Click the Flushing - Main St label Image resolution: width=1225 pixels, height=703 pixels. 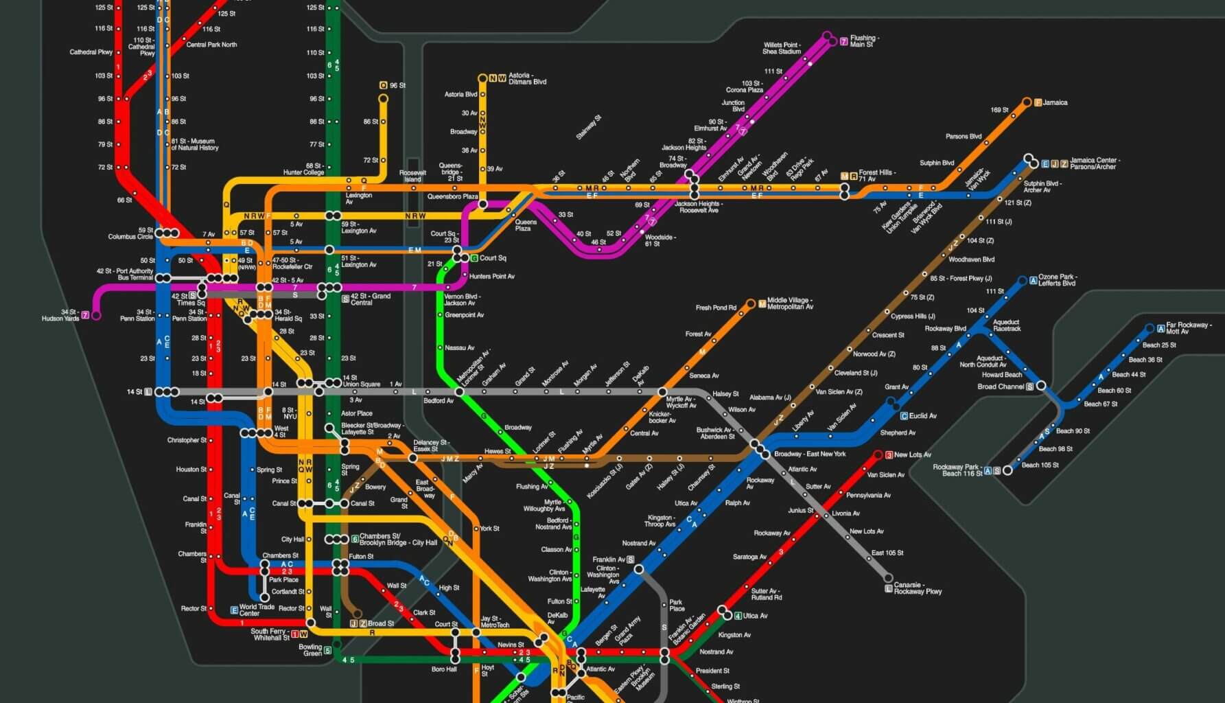(864, 41)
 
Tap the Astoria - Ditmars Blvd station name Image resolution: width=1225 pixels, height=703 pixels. (527, 78)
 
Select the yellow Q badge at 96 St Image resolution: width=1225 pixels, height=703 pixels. (383, 85)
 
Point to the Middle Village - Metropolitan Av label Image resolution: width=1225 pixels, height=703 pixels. (790, 303)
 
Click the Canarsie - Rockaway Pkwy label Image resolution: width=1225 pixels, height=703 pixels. (918, 588)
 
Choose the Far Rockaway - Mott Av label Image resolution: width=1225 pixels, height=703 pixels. (1187, 328)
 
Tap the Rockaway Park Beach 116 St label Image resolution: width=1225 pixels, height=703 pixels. (955, 470)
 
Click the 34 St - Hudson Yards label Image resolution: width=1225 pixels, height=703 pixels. (60, 315)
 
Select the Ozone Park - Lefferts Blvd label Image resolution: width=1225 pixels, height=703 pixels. (1058, 280)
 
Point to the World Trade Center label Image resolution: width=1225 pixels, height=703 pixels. (257, 610)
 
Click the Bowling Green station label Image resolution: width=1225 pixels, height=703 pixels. (310, 649)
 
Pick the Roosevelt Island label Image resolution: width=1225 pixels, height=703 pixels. (412, 176)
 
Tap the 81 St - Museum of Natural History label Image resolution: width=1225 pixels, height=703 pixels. (195, 144)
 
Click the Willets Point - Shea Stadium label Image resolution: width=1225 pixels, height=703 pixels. (782, 48)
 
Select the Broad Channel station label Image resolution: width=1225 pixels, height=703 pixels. (1001, 387)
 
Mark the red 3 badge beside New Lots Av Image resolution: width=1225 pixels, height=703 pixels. (889, 454)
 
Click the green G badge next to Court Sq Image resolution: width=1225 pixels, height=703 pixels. (474, 258)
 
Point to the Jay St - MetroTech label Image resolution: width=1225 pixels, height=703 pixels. (495, 621)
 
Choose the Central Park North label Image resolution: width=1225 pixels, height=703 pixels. (211, 45)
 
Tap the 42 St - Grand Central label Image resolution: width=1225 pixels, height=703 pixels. (371, 299)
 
